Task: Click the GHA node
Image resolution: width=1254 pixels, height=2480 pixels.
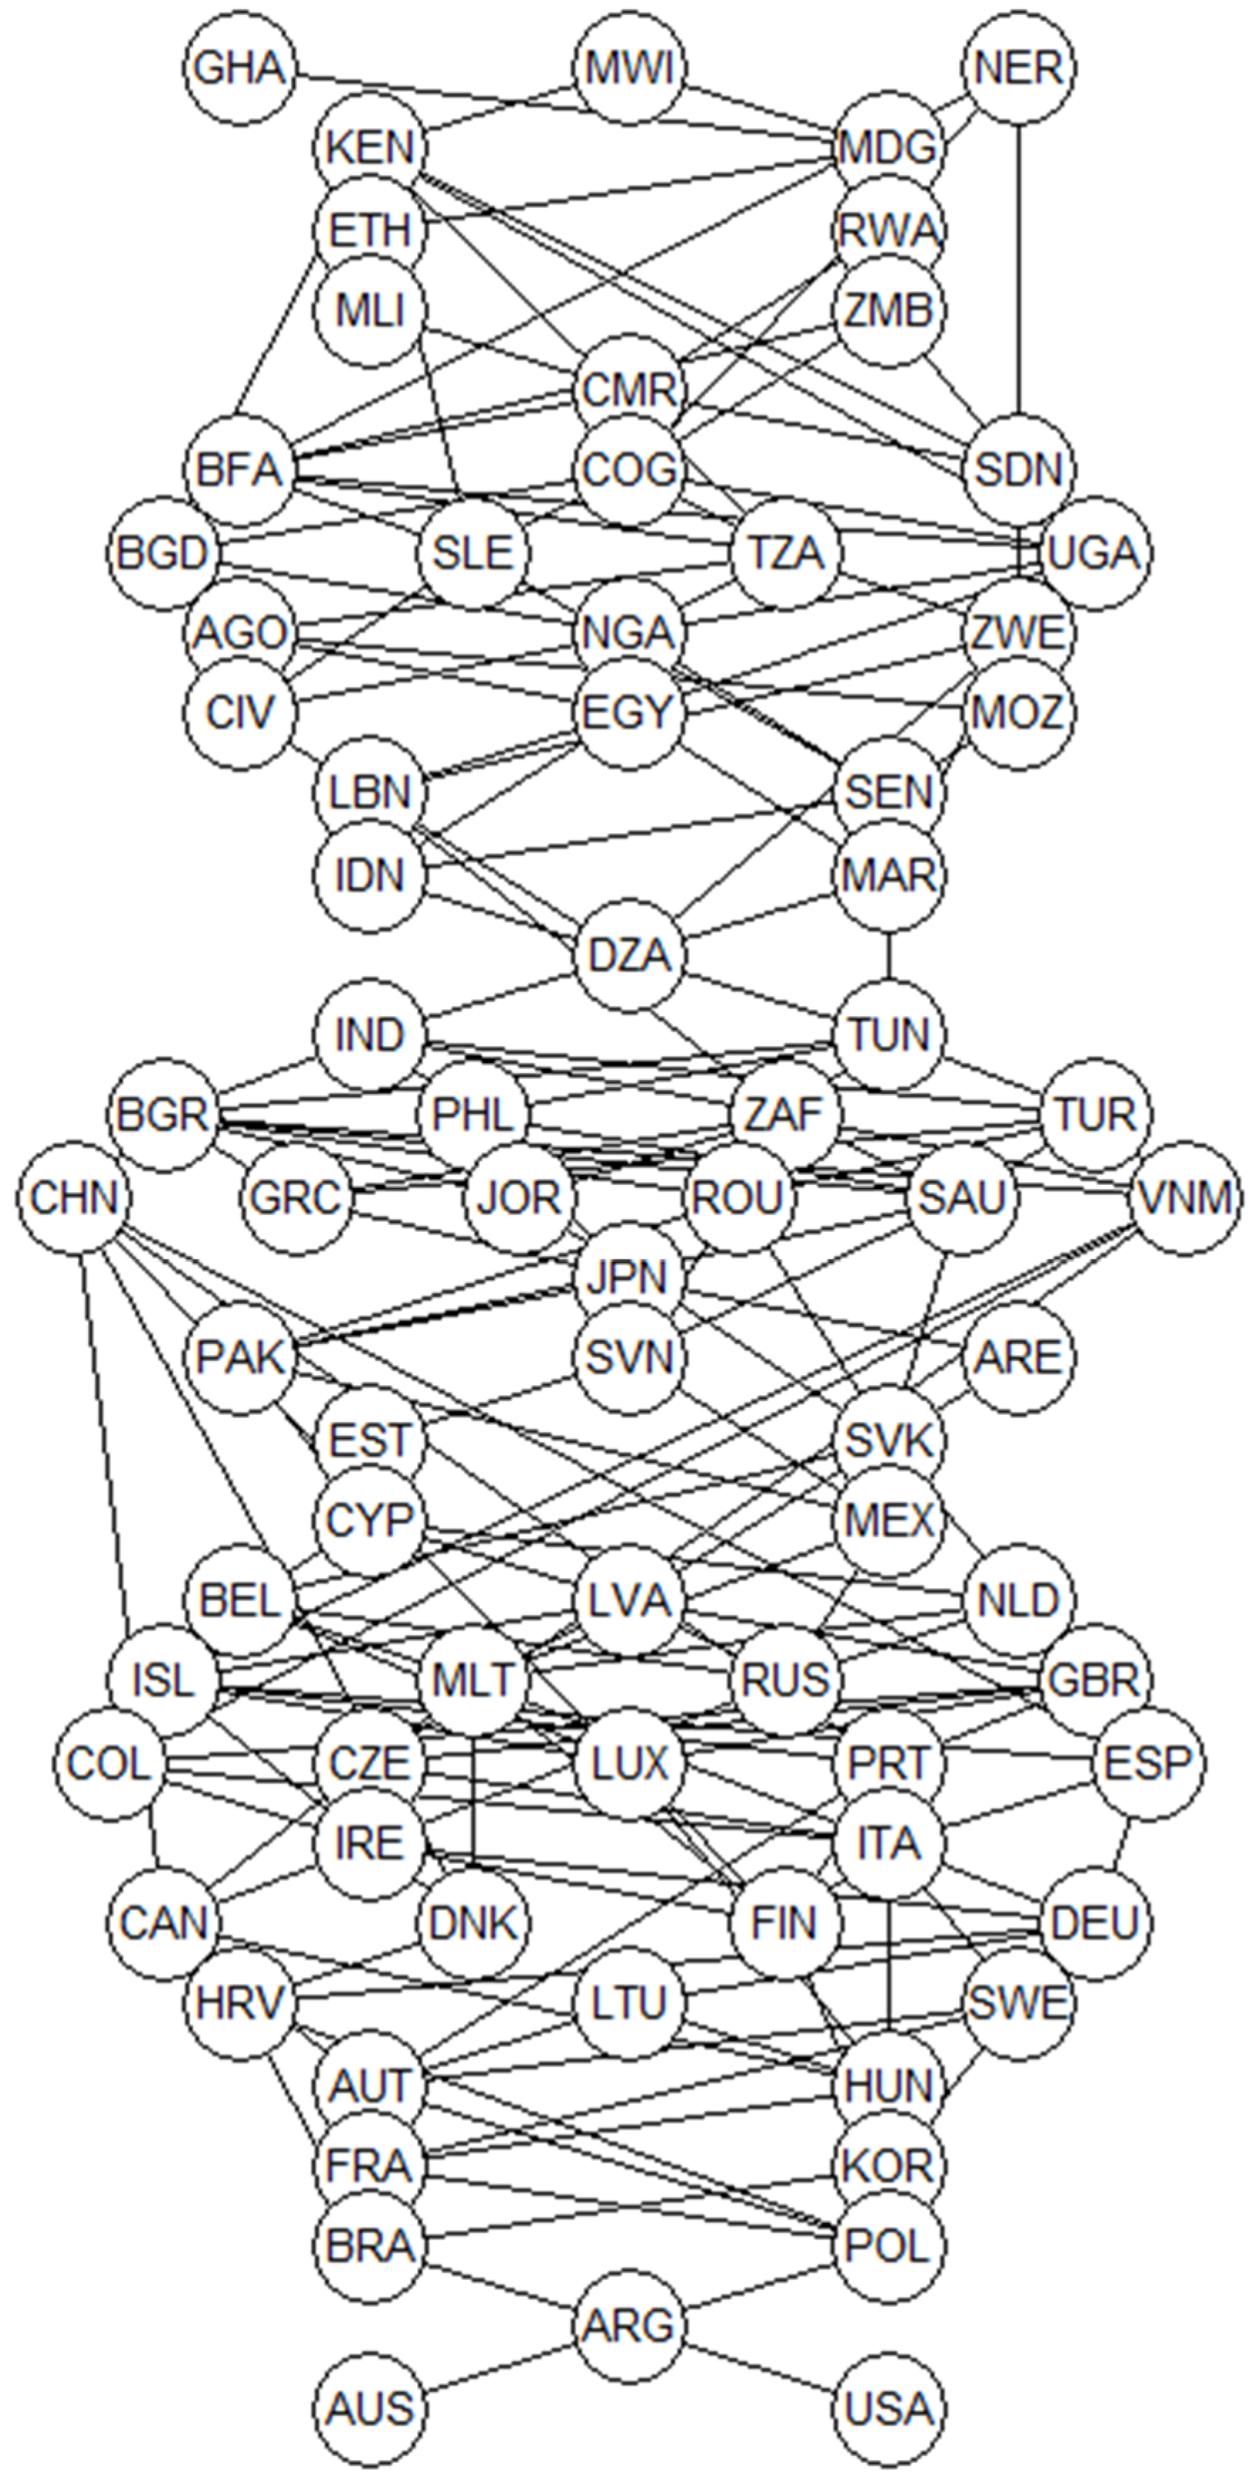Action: [240, 68]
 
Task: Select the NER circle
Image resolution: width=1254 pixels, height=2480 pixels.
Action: [1019, 68]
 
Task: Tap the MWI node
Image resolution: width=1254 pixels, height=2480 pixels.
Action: [629, 68]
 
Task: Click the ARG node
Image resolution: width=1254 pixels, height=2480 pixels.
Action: [629, 2326]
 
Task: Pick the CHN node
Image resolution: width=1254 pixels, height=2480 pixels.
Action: [74, 1198]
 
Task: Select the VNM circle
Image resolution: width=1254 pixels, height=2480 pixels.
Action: [1184, 1198]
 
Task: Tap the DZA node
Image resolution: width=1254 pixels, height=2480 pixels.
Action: [629, 956]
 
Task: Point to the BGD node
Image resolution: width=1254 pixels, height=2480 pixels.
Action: [162, 553]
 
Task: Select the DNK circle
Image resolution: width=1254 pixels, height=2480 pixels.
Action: [474, 1924]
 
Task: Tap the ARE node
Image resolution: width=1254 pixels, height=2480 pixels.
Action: [1019, 1358]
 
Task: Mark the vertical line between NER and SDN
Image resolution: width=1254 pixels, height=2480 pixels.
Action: [1019, 270]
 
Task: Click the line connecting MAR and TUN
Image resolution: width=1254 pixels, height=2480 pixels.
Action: [888, 956]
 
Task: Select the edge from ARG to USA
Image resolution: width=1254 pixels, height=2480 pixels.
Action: [760, 2367]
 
